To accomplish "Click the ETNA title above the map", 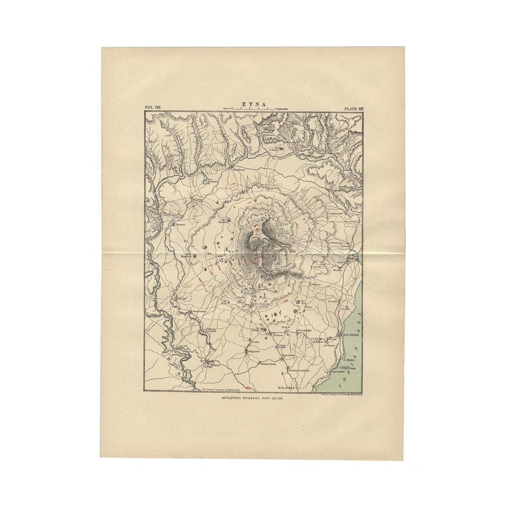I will [x=254, y=105].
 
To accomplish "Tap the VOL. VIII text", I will [x=153, y=108].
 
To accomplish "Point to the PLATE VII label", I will [x=354, y=109].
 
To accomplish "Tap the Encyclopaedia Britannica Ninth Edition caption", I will [x=253, y=398].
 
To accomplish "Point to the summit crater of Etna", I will [x=254, y=246].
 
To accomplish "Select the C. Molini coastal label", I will [x=349, y=360].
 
